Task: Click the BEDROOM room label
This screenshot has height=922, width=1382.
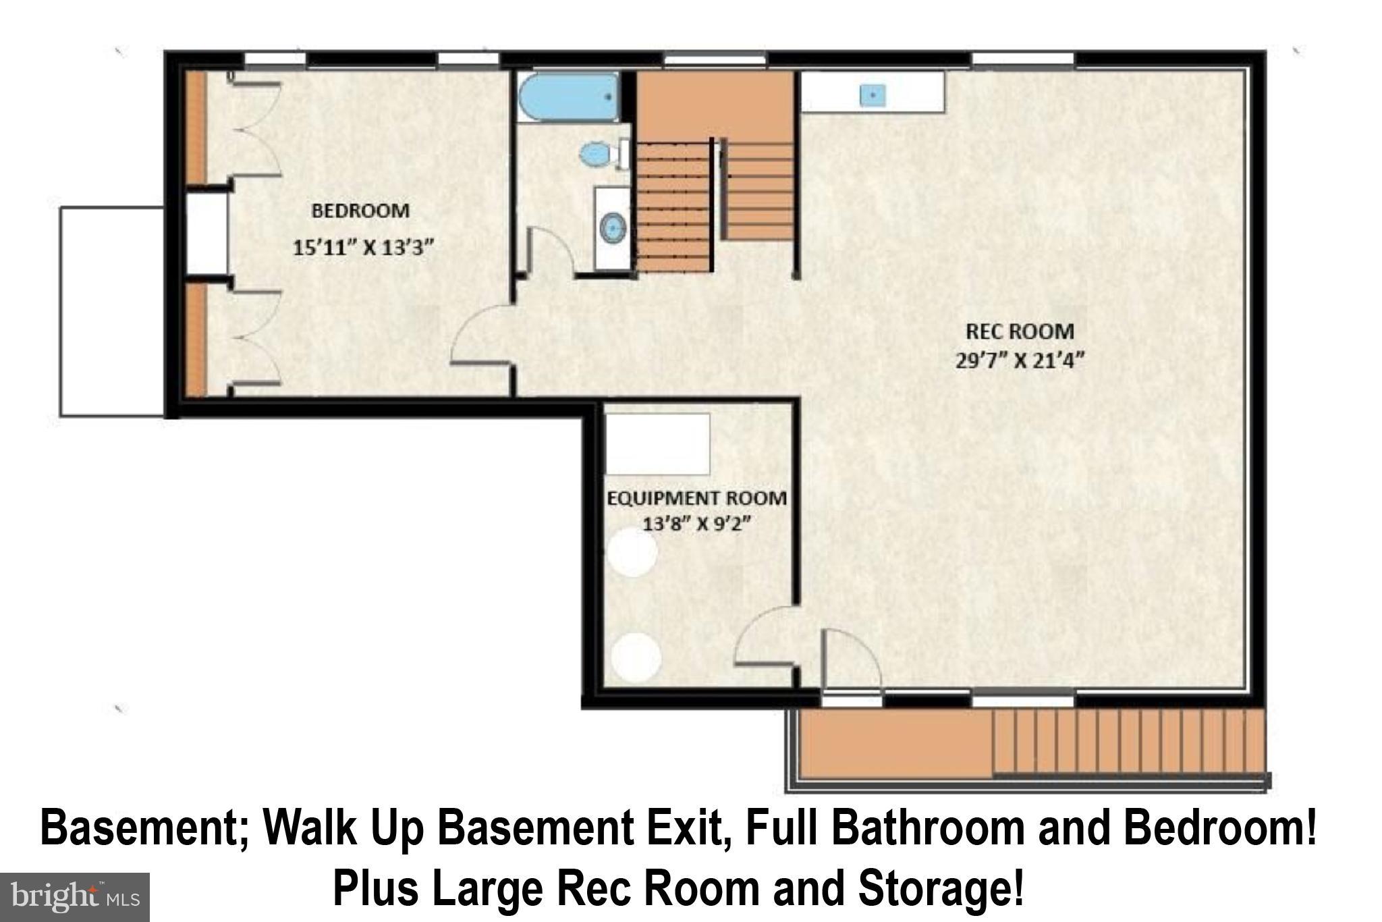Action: point(360,211)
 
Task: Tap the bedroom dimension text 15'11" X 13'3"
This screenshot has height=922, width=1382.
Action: point(362,248)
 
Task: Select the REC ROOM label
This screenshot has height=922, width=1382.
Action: point(1020,331)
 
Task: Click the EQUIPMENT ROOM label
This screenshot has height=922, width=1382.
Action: point(696,498)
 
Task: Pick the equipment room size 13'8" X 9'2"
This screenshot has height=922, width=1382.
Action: point(696,524)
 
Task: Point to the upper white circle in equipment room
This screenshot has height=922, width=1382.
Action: point(632,551)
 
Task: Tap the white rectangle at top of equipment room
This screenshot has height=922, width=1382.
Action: point(657,444)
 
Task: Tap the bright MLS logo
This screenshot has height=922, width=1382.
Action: point(74,897)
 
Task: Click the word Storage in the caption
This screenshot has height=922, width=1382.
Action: point(939,889)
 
